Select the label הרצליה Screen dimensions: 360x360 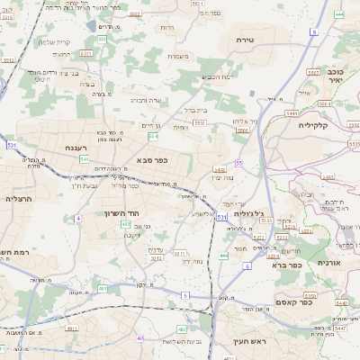point(19,198)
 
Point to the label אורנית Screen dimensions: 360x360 point(332,262)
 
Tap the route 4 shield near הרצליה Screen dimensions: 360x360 point(79,217)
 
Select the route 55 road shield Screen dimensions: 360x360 point(238,163)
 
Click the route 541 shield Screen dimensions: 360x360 point(84,159)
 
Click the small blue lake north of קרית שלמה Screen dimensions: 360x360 point(91,25)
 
